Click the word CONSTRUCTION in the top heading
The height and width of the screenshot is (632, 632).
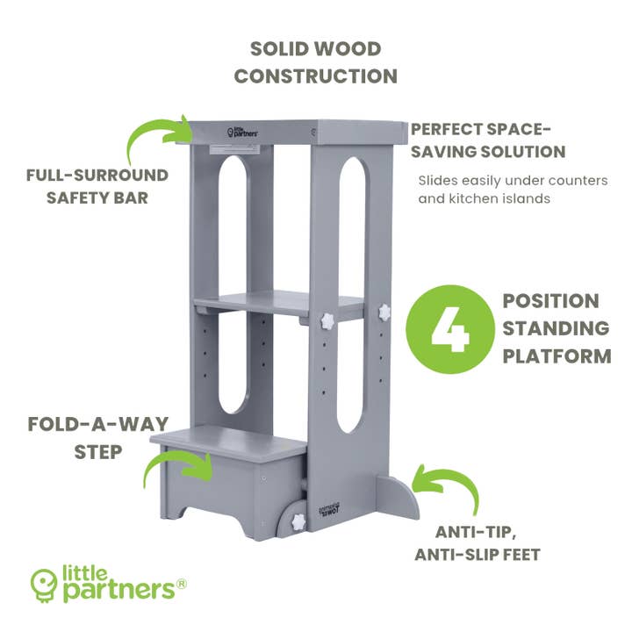coord(315,75)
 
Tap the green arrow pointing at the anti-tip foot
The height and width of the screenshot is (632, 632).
coord(449,488)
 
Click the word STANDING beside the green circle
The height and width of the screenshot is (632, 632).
coord(556,328)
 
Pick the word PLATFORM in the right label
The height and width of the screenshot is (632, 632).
coord(556,355)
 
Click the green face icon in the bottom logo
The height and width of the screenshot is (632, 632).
coord(43,582)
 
